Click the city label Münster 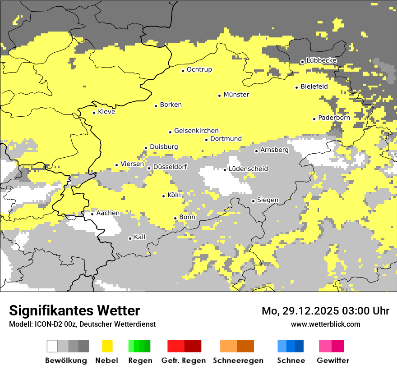236,95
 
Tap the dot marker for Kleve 94,113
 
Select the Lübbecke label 321,60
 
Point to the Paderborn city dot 314,119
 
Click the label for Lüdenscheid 248,169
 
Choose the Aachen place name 108,213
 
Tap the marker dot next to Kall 130,238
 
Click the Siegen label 268,200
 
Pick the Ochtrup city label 199,70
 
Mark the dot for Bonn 175,218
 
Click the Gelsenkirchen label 196,131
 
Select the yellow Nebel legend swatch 107,346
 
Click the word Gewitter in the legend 332,360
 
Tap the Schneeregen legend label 238,360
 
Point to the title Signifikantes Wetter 74,310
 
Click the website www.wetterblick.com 325,324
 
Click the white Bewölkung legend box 52,346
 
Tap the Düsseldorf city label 170,167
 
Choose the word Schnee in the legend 291,360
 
